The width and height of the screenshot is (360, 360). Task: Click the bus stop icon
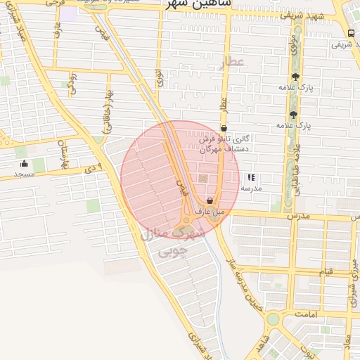click(x=351, y=33)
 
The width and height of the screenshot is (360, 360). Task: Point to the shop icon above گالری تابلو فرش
click(x=224, y=129)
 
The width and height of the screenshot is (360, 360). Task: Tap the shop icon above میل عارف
click(x=210, y=201)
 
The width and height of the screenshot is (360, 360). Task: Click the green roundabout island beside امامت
click(x=272, y=319)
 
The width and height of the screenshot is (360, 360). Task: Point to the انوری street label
click(x=160, y=77)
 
